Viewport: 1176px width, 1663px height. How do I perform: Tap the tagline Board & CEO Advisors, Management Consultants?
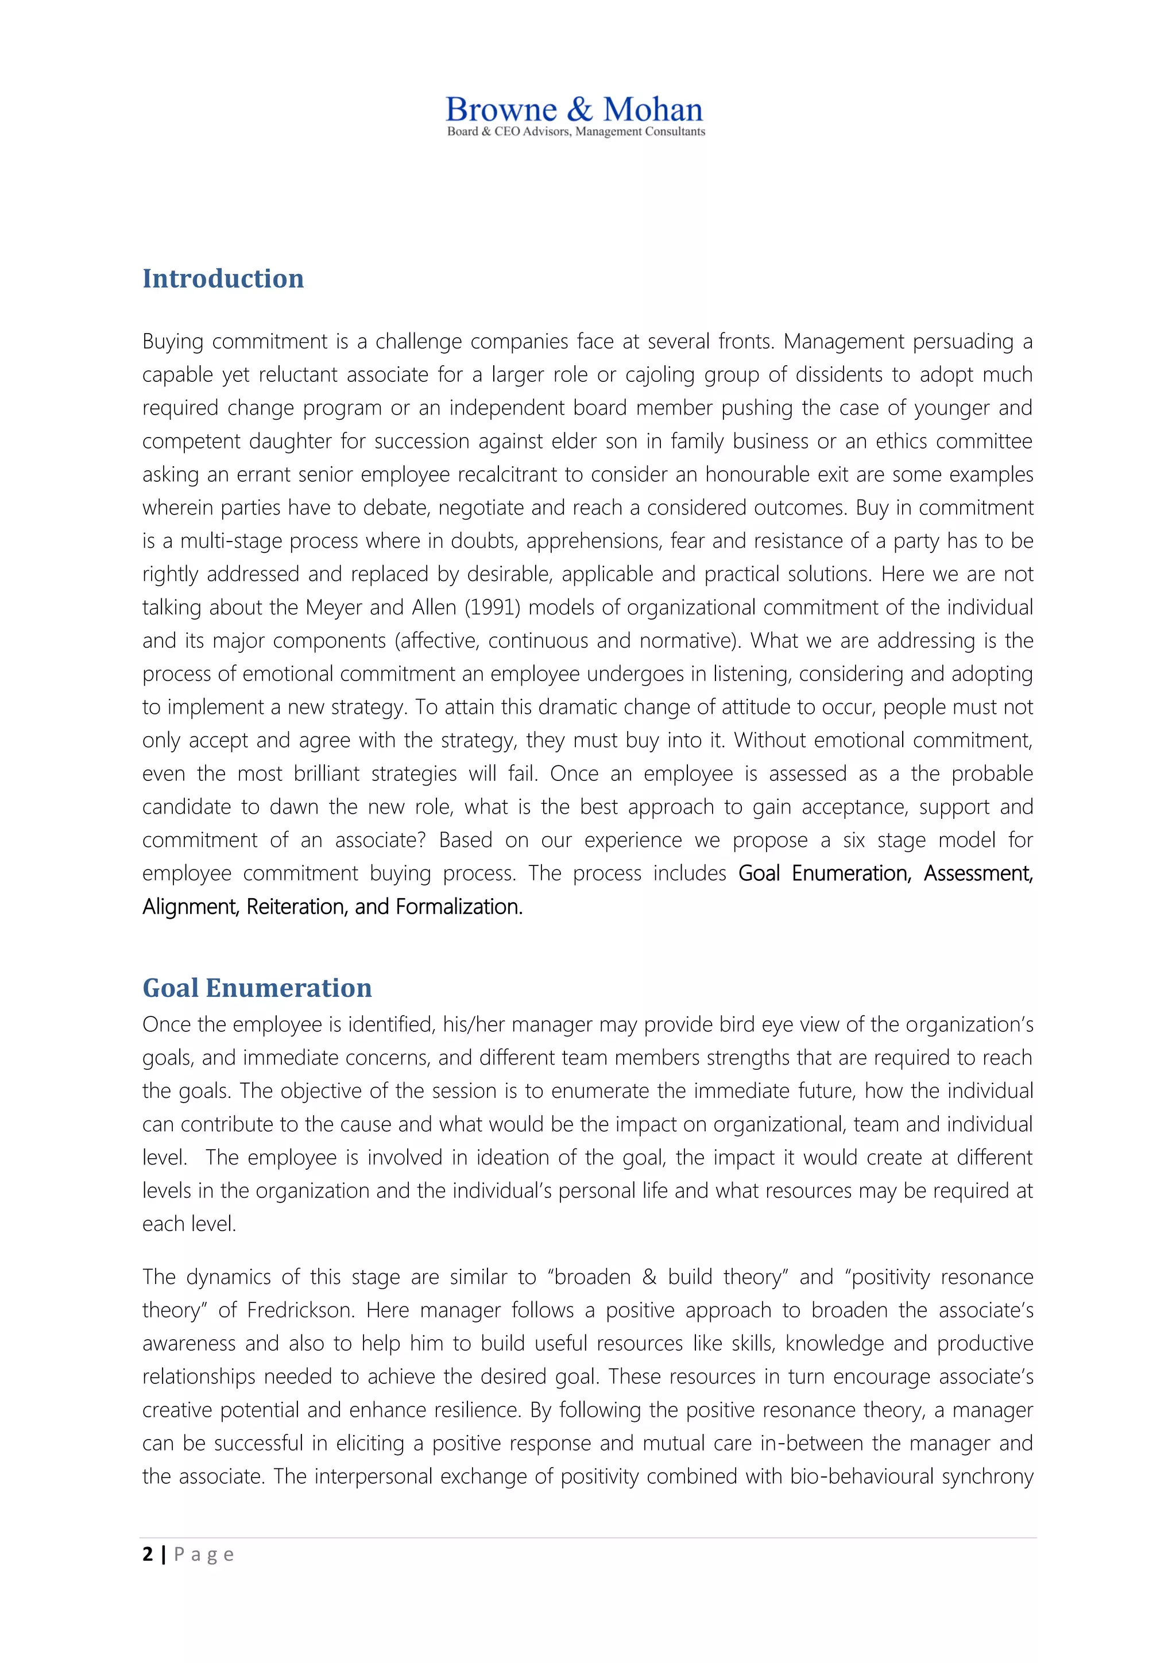[576, 132]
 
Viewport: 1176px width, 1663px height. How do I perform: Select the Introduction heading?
[223, 279]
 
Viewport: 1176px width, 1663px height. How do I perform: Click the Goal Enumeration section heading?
[257, 988]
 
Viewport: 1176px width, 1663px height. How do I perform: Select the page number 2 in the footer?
[148, 1554]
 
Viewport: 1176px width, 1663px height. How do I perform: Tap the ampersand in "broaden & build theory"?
[649, 1277]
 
